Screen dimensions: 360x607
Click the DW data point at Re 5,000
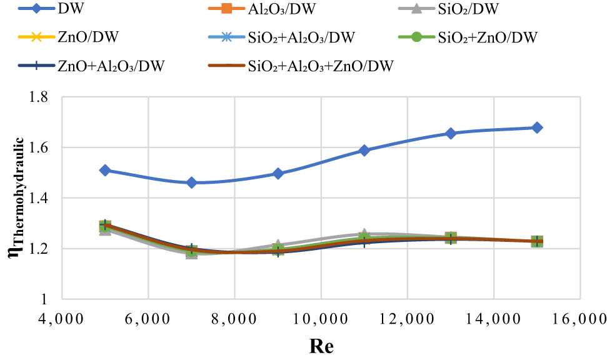105,170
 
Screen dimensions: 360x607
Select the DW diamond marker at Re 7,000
191,182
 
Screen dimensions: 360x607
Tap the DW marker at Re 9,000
278,173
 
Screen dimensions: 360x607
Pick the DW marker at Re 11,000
364,150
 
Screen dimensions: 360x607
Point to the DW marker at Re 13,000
451,133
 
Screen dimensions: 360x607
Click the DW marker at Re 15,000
537,127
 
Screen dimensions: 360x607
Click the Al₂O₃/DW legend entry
275,9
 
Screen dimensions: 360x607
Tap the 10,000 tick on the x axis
321,319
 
